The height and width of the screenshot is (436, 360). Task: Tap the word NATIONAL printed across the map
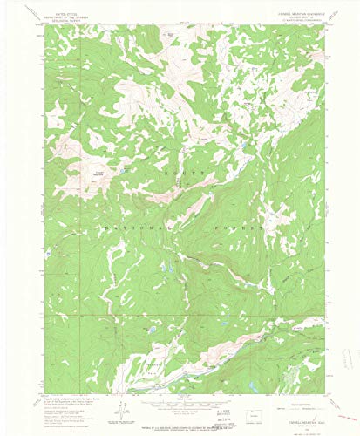[x=131, y=226]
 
